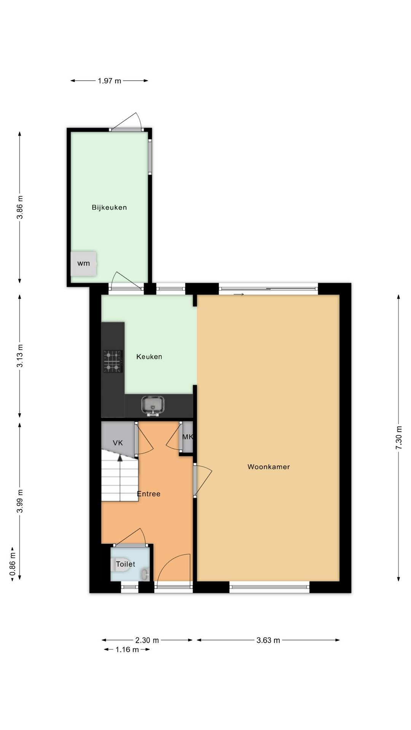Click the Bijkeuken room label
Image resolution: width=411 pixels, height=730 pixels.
[x=109, y=208]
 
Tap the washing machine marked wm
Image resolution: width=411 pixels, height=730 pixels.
[x=83, y=263]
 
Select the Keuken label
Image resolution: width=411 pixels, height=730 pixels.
[x=149, y=357]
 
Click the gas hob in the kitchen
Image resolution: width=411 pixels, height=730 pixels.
[x=113, y=361]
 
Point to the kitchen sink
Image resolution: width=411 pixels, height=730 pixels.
[x=153, y=405]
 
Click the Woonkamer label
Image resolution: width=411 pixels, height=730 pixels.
[x=269, y=467]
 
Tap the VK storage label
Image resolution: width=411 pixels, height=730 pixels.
[x=118, y=443]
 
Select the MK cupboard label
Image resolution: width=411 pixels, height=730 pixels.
[x=188, y=437]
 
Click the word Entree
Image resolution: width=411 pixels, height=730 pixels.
[x=149, y=494]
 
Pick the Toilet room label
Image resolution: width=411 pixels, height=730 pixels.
[x=126, y=564]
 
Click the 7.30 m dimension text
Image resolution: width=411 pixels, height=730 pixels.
[x=399, y=438]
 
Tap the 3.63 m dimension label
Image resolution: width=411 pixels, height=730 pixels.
[x=268, y=640]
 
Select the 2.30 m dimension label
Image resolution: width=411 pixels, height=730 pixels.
[x=147, y=640]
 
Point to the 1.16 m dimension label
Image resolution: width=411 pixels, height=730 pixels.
[x=127, y=649]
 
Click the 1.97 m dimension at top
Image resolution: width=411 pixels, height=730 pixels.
[x=110, y=81]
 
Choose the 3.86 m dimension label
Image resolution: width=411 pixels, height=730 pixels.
[x=20, y=207]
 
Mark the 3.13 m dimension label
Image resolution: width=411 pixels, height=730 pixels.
[x=20, y=356]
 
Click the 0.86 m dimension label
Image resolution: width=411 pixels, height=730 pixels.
[x=13, y=564]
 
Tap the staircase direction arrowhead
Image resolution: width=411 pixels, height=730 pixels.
[x=120, y=458]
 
